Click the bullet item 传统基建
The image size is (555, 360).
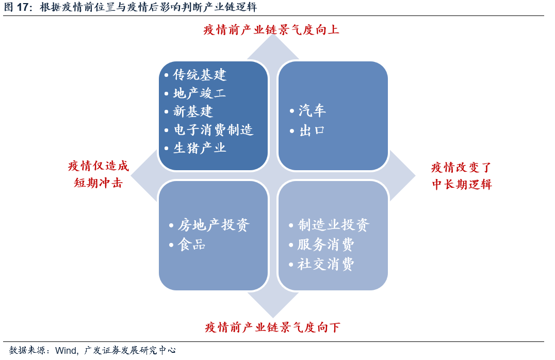click(x=199, y=75)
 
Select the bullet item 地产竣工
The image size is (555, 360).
click(x=199, y=93)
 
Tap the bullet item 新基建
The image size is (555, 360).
click(x=192, y=111)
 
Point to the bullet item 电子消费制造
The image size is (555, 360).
click(x=213, y=129)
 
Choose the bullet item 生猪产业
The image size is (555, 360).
click(x=199, y=148)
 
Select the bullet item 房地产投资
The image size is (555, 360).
click(x=214, y=225)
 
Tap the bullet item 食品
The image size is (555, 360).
click(x=192, y=244)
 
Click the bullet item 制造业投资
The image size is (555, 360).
click(x=333, y=225)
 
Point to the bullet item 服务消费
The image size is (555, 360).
click(x=326, y=244)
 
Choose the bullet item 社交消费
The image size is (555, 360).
click(x=326, y=264)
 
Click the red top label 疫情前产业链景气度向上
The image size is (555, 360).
click(x=271, y=29)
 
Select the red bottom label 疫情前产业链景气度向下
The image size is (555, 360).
click(x=272, y=327)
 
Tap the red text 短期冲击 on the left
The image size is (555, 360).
click(x=98, y=183)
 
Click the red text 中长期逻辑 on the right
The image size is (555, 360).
click(x=462, y=184)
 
